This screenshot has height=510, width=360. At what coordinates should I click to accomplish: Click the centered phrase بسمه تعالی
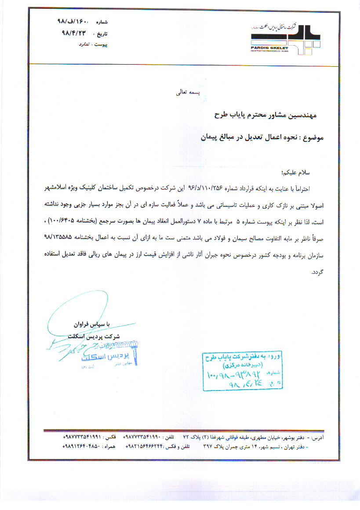pyautogui.click(x=188, y=93)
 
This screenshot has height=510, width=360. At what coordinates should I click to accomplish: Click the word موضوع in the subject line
pyautogui.click(x=312, y=137)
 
